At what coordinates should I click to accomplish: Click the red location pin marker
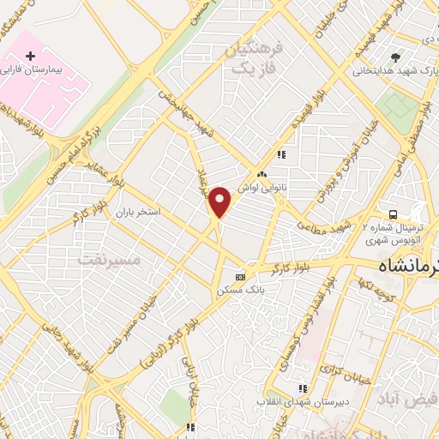220,202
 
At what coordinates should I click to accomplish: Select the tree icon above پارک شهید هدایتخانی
395,58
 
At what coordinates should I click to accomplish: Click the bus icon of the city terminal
392,213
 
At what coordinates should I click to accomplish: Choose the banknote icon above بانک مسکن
240,277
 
